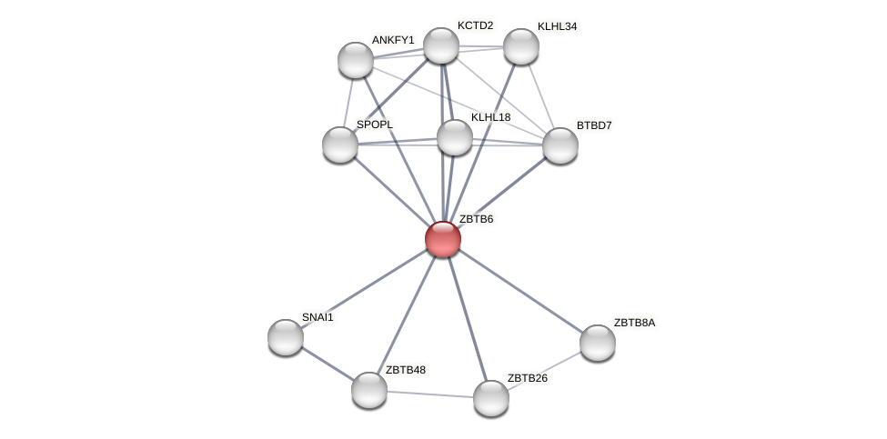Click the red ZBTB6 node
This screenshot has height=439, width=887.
click(443, 239)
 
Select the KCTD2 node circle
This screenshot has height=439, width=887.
click(441, 45)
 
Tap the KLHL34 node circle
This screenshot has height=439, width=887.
click(521, 46)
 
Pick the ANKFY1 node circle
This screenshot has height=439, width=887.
click(356, 60)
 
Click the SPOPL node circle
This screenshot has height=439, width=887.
click(340, 145)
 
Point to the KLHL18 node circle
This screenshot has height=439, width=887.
click(455, 137)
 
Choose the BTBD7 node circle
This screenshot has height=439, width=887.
click(560, 145)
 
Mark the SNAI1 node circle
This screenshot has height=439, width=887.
click(286, 337)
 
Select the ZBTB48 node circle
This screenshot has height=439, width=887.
click(369, 390)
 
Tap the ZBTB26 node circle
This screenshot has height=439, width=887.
click(491, 398)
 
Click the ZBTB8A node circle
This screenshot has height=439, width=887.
click(598, 343)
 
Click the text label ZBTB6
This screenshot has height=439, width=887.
click(476, 219)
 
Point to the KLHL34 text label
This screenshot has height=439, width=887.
click(557, 26)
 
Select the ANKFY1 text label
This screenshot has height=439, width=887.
click(393, 40)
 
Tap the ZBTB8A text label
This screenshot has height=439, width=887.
click(634, 323)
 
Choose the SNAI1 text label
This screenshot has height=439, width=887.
click(318, 317)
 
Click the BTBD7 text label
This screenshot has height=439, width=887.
click(594, 125)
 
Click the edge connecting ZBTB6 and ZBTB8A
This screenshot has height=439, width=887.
click(520, 291)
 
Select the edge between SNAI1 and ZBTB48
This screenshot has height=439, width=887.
click(328, 364)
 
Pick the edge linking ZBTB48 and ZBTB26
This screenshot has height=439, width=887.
click(430, 394)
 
